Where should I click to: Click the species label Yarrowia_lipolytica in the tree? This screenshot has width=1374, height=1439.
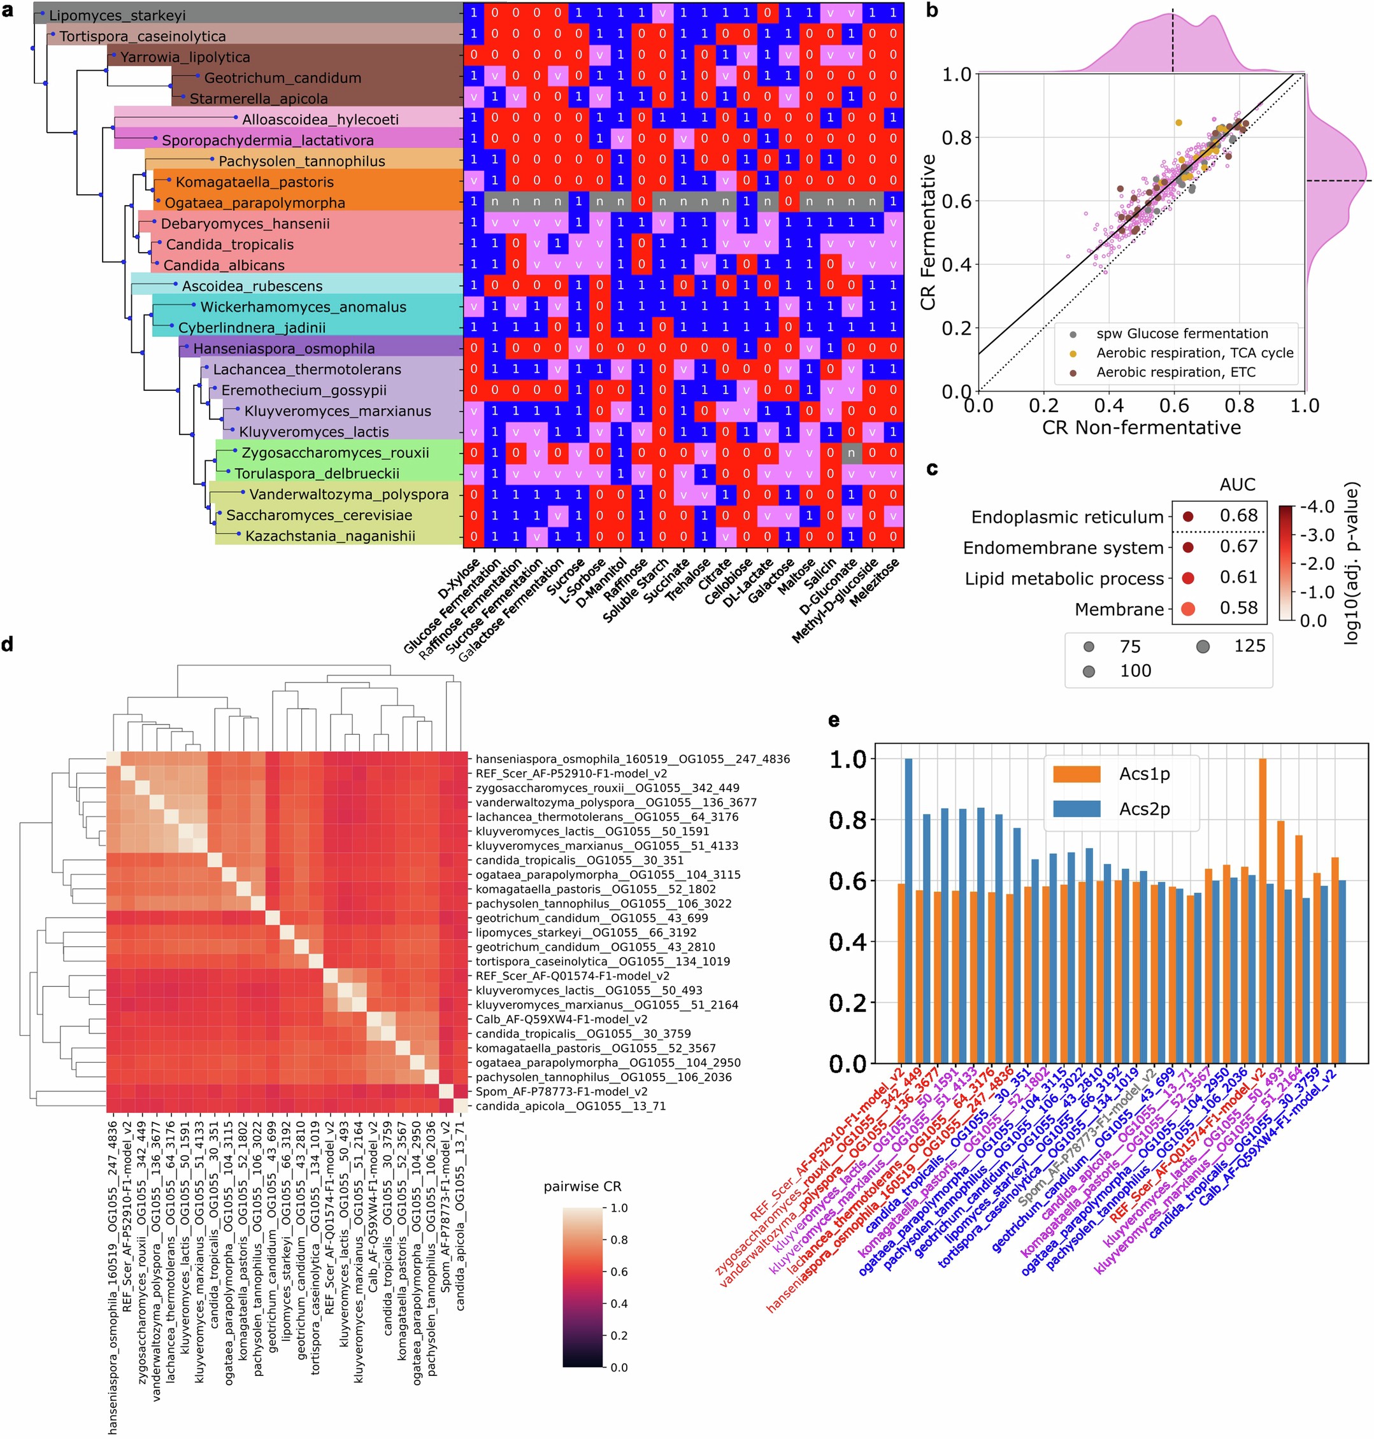pos(185,57)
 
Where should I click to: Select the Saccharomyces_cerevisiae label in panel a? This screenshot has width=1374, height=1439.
pos(318,515)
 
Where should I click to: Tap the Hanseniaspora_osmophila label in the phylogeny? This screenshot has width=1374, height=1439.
pos(283,348)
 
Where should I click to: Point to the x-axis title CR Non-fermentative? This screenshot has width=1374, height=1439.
pos(1141,428)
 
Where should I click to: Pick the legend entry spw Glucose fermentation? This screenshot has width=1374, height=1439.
pos(1182,334)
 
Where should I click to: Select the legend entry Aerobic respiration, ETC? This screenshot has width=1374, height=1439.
pos(1175,372)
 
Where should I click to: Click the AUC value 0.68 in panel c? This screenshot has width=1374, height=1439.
pos(1238,515)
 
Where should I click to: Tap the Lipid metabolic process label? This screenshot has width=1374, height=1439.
pos(1063,579)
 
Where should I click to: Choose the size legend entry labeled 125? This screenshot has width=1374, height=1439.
pos(1249,646)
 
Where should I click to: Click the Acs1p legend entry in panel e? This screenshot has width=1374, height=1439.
pos(1144,774)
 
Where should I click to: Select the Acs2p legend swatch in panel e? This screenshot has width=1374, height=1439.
pos(1076,809)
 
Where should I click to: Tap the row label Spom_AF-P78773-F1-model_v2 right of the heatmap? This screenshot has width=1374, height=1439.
pos(561,1091)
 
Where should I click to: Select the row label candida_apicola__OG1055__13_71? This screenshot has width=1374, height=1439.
pos(571,1106)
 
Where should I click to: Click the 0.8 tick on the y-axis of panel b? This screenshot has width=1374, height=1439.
pos(955,138)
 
